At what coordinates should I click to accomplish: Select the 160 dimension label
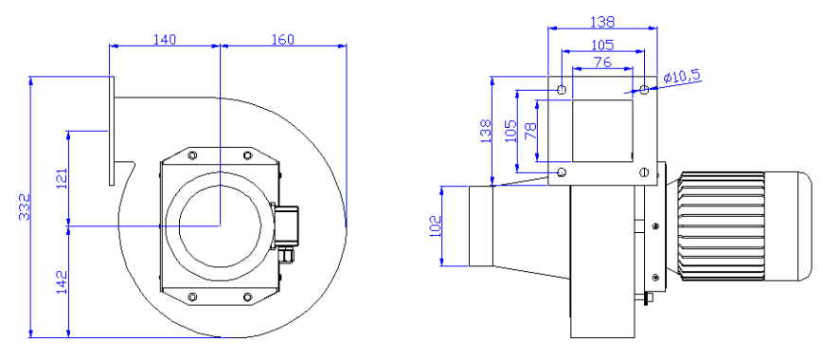282,39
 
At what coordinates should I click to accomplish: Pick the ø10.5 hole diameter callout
682,77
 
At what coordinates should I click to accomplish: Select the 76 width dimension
602,63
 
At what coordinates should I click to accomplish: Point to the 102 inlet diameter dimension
437,225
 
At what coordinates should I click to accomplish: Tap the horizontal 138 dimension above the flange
602,20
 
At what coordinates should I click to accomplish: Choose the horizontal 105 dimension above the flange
602,45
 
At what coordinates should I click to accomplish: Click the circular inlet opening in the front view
220,225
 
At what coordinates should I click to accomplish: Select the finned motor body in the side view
722,225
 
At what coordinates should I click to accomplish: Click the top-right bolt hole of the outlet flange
644,90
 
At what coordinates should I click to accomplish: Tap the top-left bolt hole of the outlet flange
563,90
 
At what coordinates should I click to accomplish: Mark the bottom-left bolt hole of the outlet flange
563,171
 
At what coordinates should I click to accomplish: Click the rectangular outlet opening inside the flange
602,131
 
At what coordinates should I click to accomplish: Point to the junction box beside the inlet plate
288,225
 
